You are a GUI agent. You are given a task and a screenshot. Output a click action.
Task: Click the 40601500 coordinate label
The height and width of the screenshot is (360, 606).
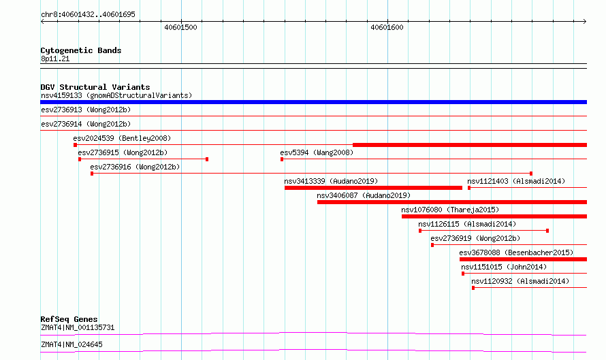pyautogui.click(x=180, y=27)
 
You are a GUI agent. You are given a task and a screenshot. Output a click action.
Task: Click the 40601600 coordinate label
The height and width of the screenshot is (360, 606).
pyautogui.click(x=387, y=27)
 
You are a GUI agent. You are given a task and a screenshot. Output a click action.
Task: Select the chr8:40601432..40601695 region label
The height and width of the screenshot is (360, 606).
pyautogui.click(x=88, y=14)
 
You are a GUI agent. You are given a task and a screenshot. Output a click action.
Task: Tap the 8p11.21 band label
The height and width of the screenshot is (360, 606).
pyautogui.click(x=55, y=59)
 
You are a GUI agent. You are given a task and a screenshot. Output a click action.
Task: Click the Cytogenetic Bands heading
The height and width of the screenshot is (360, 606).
pyautogui.click(x=81, y=50)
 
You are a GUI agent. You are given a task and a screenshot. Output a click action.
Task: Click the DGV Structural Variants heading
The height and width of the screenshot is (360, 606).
pyautogui.click(x=95, y=87)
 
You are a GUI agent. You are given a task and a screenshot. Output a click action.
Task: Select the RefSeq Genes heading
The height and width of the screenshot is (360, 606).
pyautogui.click(x=69, y=319)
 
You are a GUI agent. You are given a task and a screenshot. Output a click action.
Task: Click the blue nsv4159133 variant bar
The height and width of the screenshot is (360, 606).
pyautogui.click(x=313, y=102)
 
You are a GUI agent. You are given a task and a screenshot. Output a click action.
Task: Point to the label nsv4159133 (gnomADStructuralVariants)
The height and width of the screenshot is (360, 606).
pyautogui.click(x=116, y=95)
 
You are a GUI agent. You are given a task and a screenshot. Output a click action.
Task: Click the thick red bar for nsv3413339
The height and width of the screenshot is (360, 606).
pyautogui.click(x=373, y=188)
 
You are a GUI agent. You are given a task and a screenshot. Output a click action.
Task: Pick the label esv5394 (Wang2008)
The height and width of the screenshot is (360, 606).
pyautogui.click(x=317, y=152)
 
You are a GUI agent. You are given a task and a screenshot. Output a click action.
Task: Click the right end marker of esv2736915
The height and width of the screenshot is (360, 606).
pyautogui.click(x=207, y=159)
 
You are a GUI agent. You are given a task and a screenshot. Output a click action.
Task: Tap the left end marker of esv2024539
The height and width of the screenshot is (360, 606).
pyautogui.click(x=76, y=145)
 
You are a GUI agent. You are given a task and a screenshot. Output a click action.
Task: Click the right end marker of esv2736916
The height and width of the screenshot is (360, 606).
pyautogui.click(x=531, y=174)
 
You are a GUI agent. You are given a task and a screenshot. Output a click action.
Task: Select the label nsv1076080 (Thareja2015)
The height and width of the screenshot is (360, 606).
pyautogui.click(x=450, y=210)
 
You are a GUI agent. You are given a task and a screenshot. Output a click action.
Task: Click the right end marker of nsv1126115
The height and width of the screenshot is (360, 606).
pyautogui.click(x=547, y=231)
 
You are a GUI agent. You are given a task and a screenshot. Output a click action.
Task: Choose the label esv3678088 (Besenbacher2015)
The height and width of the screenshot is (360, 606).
pyautogui.click(x=516, y=252)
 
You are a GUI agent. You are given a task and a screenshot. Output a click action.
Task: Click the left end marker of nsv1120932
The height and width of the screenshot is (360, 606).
pyautogui.click(x=473, y=288)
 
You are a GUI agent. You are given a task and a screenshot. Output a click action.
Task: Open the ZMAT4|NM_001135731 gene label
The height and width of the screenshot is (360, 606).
pyautogui.click(x=78, y=327)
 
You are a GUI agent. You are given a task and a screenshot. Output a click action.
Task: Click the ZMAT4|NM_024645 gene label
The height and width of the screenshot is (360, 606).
pyautogui.click(x=72, y=344)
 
